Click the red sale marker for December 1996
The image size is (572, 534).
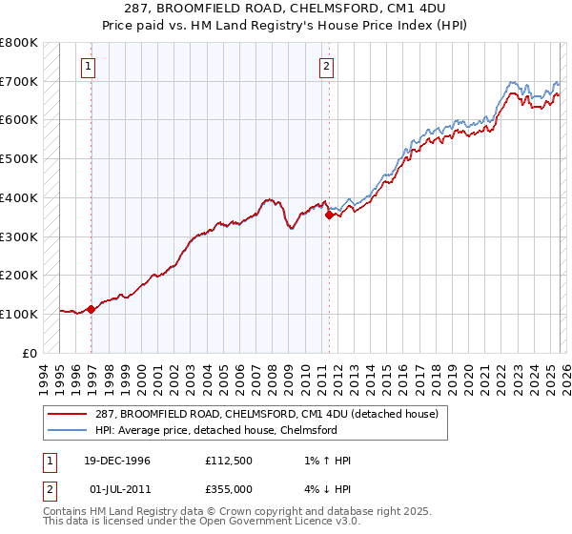tap(91, 309)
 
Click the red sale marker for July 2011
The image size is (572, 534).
tap(329, 216)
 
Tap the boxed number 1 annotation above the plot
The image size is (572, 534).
tap(88, 67)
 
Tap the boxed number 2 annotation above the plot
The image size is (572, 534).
tap(326, 67)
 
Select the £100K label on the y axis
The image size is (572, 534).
tap(19, 314)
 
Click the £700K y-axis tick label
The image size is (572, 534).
tap(19, 82)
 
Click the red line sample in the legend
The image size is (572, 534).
tap(67, 414)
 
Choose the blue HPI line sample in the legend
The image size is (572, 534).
tap(67, 430)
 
